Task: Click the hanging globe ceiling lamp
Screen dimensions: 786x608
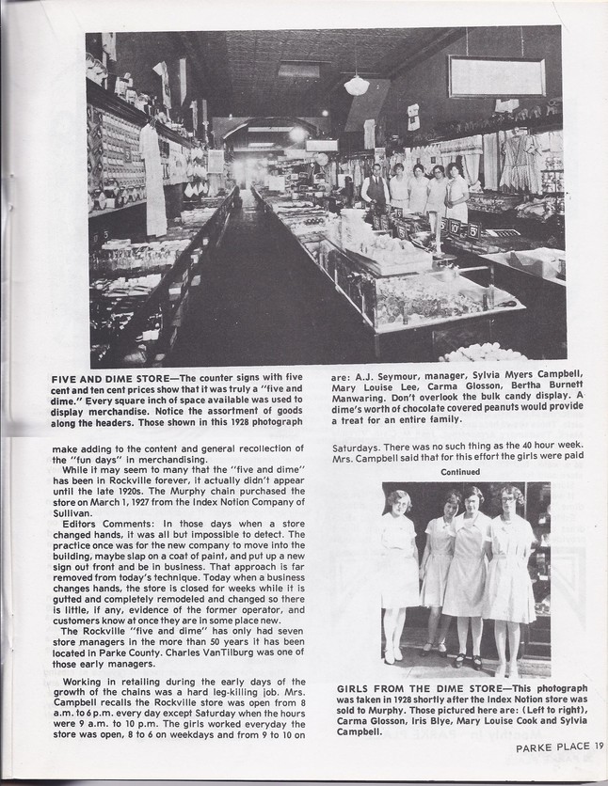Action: point(357,85)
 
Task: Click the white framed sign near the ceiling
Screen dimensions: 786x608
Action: point(496,76)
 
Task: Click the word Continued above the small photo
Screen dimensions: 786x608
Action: point(459,472)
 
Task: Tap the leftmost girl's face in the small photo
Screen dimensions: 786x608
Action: point(399,503)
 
